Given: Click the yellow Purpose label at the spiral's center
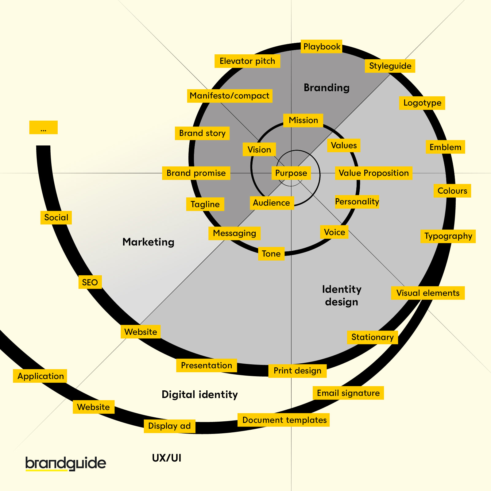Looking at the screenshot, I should click(291, 173).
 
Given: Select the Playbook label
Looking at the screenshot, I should click(321, 47).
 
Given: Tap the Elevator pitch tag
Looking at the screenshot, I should click(247, 61).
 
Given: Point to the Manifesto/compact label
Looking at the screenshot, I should click(230, 96).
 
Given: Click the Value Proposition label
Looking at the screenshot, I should click(373, 173).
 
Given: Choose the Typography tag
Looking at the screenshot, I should click(448, 236).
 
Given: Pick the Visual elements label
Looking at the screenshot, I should click(428, 293).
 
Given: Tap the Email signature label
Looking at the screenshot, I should click(348, 393).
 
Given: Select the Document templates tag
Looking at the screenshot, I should click(284, 420).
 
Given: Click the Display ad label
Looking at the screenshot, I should click(169, 426).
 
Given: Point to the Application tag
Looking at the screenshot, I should click(40, 376).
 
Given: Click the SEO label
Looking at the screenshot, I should click(90, 282).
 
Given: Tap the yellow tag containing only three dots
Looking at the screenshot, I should click(43, 127).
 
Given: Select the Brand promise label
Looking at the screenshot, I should click(196, 173).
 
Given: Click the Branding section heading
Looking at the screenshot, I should click(327, 88).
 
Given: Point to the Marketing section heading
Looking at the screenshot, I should click(148, 242).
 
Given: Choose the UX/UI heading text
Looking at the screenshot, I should click(167, 458).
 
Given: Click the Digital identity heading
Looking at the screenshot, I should click(199, 395).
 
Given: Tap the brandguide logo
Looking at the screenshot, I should click(66, 463).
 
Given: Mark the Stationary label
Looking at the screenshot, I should click(372, 337).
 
